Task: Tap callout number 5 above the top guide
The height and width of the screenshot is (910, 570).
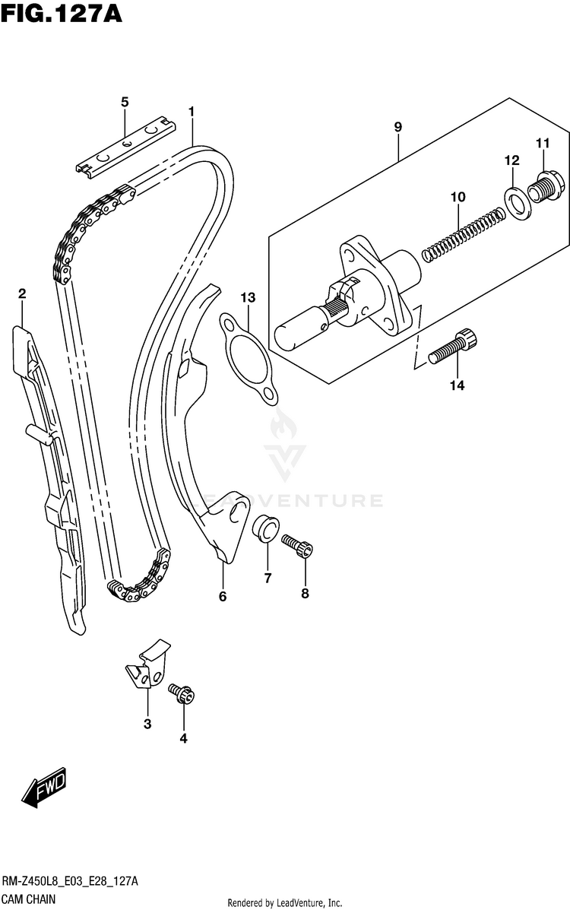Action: (125, 102)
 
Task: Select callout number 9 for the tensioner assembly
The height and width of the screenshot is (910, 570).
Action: (397, 127)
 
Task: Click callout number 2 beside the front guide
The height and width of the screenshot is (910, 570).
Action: (22, 293)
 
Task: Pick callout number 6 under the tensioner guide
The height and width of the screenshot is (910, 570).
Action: (223, 597)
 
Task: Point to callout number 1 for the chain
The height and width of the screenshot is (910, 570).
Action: (192, 112)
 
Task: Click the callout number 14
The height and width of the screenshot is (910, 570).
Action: (456, 386)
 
